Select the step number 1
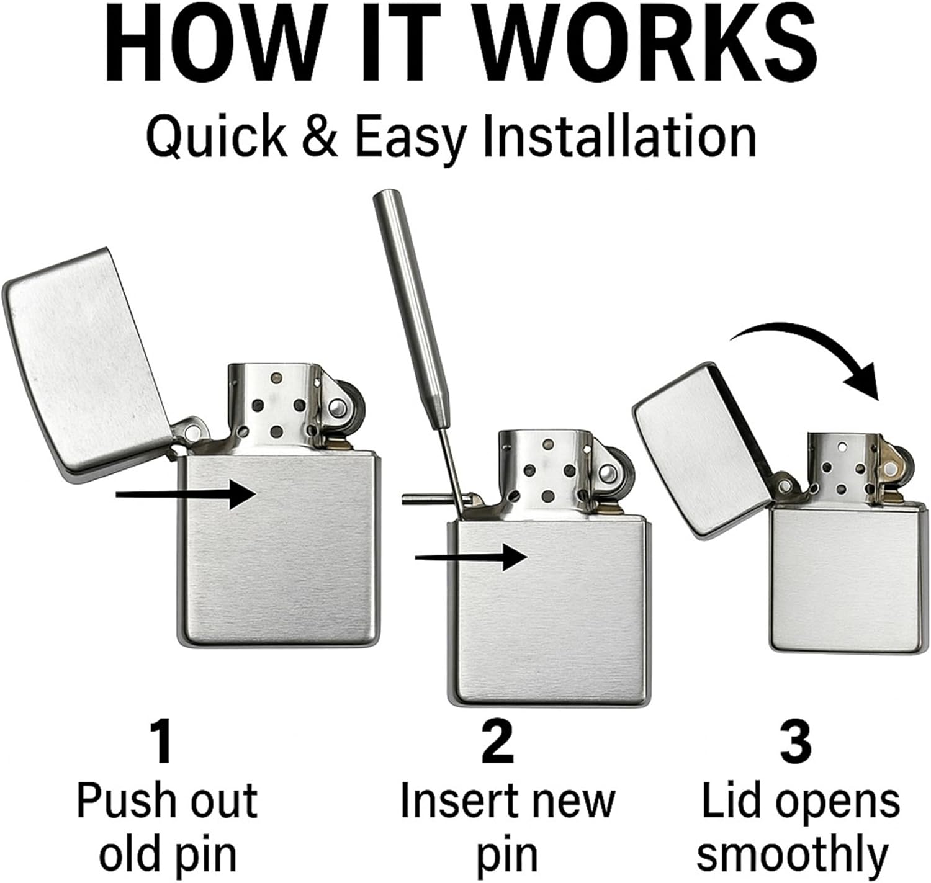(x=162, y=743)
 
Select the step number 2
(x=498, y=743)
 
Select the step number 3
(x=795, y=743)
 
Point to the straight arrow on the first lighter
(x=186, y=494)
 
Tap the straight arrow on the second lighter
(x=472, y=557)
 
